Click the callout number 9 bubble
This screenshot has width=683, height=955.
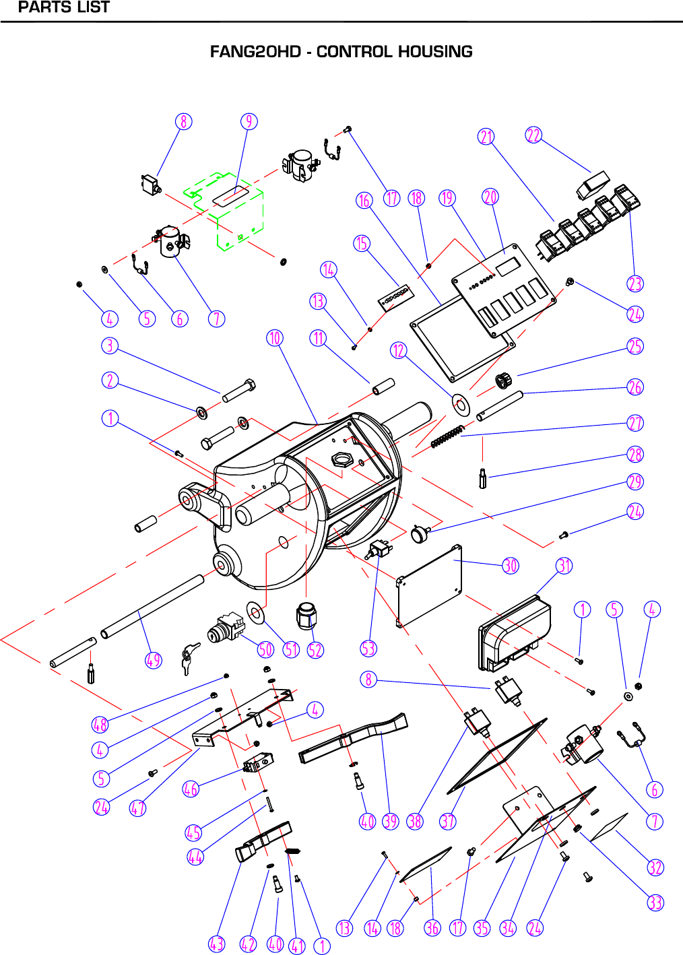tap(249, 121)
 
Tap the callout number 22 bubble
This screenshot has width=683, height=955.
tap(533, 135)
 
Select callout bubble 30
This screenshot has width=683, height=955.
tap(511, 565)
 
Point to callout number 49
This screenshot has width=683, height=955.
tap(154, 660)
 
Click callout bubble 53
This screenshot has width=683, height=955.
tap(368, 649)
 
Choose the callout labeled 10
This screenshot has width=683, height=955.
tap(275, 337)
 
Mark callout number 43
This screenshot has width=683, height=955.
tap(216, 944)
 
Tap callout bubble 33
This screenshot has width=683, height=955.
tap(655, 902)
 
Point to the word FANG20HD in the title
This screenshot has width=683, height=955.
tap(255, 52)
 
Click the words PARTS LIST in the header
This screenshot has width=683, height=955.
tap(63, 8)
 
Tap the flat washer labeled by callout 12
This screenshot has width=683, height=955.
tap(461, 405)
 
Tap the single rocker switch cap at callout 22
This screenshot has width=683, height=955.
tap(593, 185)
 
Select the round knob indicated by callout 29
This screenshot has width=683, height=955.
tap(420, 535)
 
